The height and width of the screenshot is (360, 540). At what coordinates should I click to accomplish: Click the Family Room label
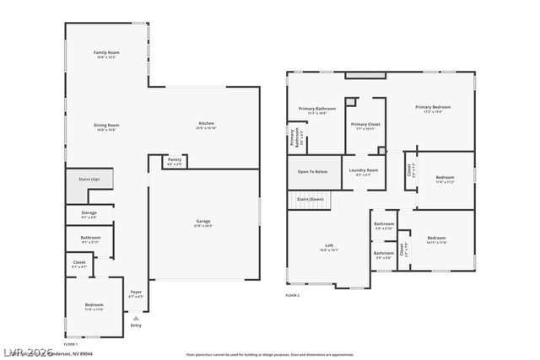click(x=106, y=54)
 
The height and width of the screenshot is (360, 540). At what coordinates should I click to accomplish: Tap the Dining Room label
click(x=106, y=126)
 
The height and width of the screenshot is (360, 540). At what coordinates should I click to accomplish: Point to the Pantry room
click(x=175, y=161)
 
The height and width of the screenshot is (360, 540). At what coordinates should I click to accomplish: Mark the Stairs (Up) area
click(x=89, y=180)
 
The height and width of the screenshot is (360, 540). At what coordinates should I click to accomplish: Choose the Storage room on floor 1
click(x=89, y=214)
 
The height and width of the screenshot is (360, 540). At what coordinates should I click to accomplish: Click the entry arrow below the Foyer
click(x=136, y=318)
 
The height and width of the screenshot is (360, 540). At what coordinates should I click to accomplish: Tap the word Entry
click(x=137, y=325)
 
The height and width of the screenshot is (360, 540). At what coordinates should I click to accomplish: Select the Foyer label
click(x=135, y=295)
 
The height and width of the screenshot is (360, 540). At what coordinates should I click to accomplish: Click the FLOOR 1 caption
click(x=71, y=344)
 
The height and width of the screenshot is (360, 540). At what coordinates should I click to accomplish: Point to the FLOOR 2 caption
click(x=293, y=296)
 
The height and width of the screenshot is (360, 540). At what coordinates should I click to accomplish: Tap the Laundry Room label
click(x=364, y=172)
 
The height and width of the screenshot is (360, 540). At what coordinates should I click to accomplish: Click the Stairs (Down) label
click(x=310, y=199)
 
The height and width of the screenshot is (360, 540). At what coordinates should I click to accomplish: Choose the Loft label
click(x=329, y=246)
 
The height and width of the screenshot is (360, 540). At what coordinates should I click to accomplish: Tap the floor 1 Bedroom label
click(x=94, y=305)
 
